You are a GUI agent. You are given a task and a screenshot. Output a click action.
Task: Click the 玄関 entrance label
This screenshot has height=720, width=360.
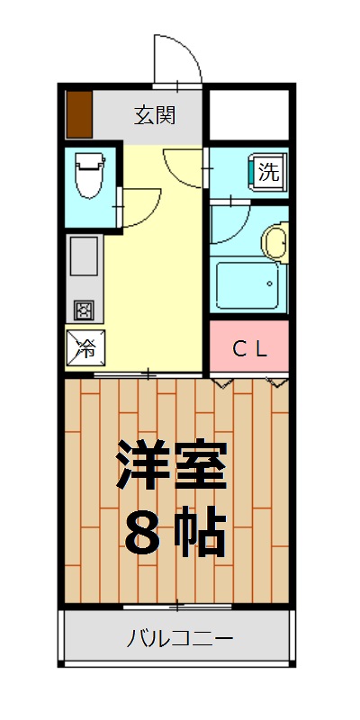point(155,115)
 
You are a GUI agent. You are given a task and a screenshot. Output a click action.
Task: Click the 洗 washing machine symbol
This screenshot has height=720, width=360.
point(268,172)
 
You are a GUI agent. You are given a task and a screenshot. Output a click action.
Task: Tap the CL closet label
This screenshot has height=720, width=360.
point(249,350)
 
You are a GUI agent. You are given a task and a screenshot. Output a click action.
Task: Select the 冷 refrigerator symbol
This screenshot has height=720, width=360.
point(85,346)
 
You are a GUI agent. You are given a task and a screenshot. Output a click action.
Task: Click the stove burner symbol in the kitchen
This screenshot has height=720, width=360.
point(84,310)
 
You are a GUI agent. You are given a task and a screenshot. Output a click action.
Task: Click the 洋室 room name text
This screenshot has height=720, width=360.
point(171,466)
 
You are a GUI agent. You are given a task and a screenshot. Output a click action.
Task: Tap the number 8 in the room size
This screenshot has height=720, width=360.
point(141,532)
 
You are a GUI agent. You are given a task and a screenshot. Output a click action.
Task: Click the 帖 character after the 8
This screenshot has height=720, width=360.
point(201,532)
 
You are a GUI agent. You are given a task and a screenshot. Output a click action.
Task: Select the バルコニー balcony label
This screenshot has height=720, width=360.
point(179,639)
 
